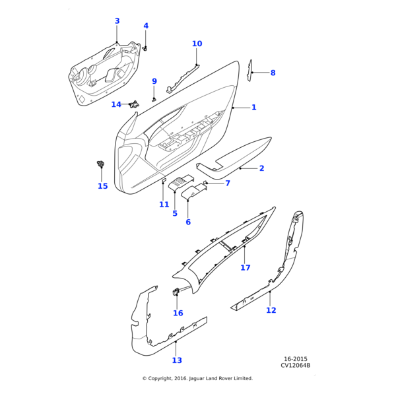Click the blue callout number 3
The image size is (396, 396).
click(x=117, y=21)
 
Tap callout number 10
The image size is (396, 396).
click(x=197, y=44)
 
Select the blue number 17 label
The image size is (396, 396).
click(x=246, y=267)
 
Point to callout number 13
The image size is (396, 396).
click(x=177, y=360)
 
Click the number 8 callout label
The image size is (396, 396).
click(x=273, y=73)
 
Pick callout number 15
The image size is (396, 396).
click(x=103, y=186)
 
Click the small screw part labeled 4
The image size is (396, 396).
click(x=145, y=48)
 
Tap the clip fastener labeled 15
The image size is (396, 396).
click(x=101, y=164)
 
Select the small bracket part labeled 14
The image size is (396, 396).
click(x=135, y=104)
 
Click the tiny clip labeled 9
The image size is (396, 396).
click(x=154, y=100)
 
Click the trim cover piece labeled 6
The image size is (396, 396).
click(x=194, y=191)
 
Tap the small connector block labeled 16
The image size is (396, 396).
click(x=176, y=292)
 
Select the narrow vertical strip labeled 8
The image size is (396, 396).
click(x=249, y=71)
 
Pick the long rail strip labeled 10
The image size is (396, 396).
click(x=183, y=79)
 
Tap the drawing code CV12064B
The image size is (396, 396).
click(x=296, y=365)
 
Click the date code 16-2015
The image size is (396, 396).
click(x=296, y=359)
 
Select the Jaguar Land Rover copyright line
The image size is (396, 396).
click(x=197, y=378)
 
